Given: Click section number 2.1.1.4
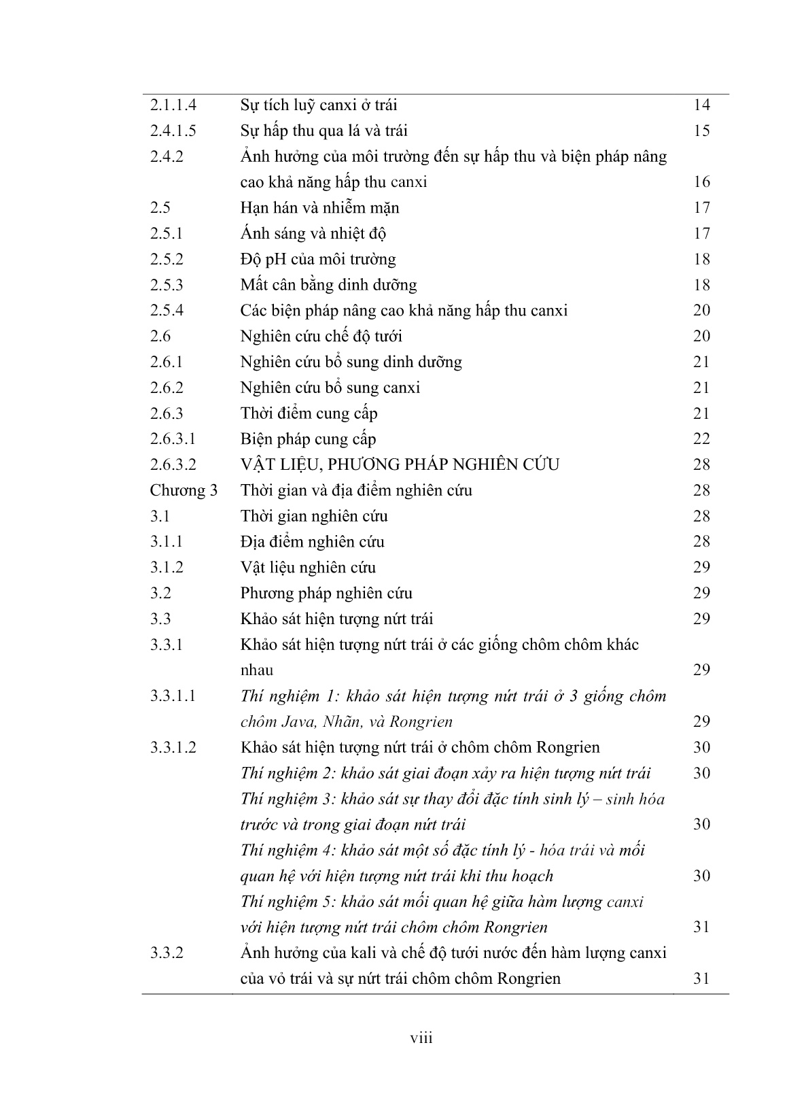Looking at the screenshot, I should pos(173,105).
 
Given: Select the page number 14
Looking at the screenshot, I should pos(701,105).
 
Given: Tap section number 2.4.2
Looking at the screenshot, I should pos(167,156).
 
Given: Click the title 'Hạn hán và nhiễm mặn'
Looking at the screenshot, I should pos(319,208).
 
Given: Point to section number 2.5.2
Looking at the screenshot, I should pos(167,259).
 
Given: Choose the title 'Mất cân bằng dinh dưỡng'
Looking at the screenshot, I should pos(328,285).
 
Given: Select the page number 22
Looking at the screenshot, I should pos(701,439).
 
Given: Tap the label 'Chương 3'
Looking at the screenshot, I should pos(183,490).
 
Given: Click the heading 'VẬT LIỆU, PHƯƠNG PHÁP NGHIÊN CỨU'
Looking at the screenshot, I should pos(400,465).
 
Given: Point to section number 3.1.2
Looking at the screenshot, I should pos(167,568).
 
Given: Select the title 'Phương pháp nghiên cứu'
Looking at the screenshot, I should pos(326,594).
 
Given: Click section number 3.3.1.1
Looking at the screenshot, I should pos(173,696).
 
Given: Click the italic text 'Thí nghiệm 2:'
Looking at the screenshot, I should pos(290,773).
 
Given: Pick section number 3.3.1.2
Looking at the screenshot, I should pos(173,747).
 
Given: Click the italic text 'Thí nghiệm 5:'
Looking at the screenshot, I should pos(290,902).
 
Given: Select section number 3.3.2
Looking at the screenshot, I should pos(167,953).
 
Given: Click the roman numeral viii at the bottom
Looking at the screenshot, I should pos(421,1038).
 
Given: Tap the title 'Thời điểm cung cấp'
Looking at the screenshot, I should pos(309,413).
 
